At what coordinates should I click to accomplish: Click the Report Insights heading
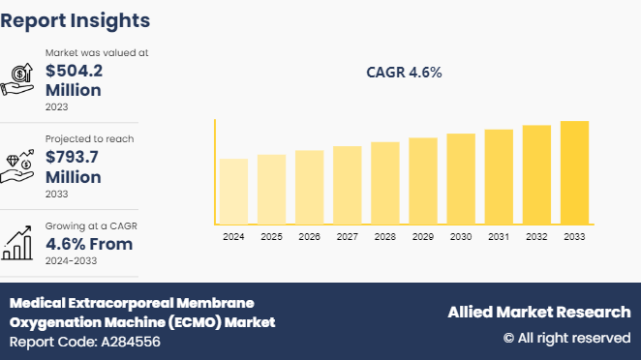tap(76, 20)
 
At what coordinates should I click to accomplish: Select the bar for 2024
tap(233, 191)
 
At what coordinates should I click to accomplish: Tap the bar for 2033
tap(574, 172)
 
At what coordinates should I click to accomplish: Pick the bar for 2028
tap(385, 183)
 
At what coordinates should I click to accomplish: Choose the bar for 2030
tap(461, 178)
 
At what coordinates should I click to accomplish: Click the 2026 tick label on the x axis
tap(309, 237)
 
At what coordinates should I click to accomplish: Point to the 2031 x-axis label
tap(499, 237)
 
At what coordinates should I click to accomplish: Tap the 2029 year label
tap(423, 237)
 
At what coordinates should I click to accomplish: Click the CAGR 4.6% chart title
tap(405, 74)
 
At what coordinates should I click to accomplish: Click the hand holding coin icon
tap(20, 78)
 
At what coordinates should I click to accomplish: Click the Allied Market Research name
tap(538, 312)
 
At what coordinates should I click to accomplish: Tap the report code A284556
tap(85, 342)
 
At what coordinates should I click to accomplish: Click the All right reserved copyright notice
tap(566, 338)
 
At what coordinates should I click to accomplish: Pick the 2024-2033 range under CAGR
tap(76, 261)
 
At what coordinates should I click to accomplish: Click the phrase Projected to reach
tap(89, 138)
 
